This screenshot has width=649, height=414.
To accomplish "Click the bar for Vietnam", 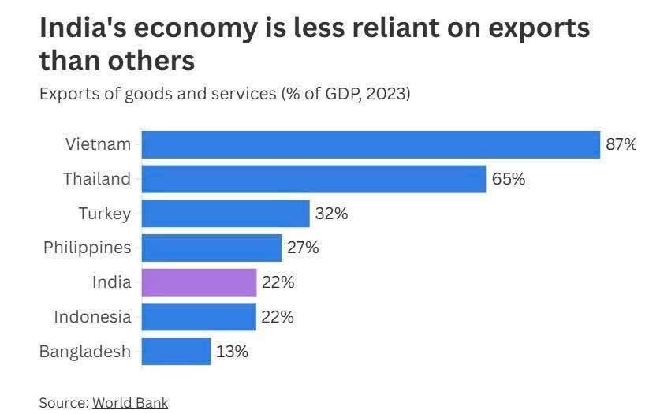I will pyautogui.click(x=371, y=144).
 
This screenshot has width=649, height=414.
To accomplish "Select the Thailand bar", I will pyautogui.click(x=314, y=179).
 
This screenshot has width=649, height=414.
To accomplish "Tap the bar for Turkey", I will pyautogui.click(x=226, y=213).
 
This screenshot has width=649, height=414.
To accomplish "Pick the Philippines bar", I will pyautogui.click(x=211, y=248).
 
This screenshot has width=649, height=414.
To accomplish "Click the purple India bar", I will pyautogui.click(x=199, y=282).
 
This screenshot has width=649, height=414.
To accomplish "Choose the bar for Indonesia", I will pyautogui.click(x=199, y=317).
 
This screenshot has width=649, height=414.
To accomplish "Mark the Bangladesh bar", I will pyautogui.click(x=176, y=351).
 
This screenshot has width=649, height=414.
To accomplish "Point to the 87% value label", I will pyautogui.click(x=621, y=144).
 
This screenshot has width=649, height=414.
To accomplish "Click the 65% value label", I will pyautogui.click(x=508, y=179).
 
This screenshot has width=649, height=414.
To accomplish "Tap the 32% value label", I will pyautogui.click(x=331, y=213).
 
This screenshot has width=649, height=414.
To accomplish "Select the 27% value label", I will pyautogui.click(x=303, y=248).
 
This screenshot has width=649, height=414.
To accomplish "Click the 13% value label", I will pyautogui.click(x=232, y=351).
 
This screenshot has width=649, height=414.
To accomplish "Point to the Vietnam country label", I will pyautogui.click(x=98, y=144).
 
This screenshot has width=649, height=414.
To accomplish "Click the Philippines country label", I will pyautogui.click(x=87, y=248).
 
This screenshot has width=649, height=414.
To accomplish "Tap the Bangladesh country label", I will pyautogui.click(x=84, y=351).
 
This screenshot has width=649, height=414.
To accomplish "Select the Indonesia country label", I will pyautogui.click(x=92, y=317).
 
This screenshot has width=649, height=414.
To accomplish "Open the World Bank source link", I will pyautogui.click(x=130, y=402).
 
